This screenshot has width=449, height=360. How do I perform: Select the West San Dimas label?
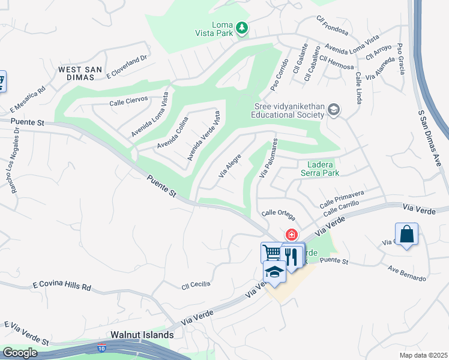click(x=76, y=73)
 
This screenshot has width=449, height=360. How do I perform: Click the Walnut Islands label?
click(x=142, y=335)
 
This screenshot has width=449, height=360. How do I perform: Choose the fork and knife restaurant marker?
click(x=292, y=256)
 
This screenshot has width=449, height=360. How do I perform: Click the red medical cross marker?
click(x=292, y=235)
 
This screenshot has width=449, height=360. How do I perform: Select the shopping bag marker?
click(x=406, y=234)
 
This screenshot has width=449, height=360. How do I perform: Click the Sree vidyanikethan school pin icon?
click(x=334, y=110)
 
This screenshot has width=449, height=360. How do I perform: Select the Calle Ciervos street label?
click(x=128, y=102)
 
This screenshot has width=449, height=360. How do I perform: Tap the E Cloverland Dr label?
click(x=127, y=68)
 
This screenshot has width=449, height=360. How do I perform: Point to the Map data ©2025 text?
click(x=423, y=355)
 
